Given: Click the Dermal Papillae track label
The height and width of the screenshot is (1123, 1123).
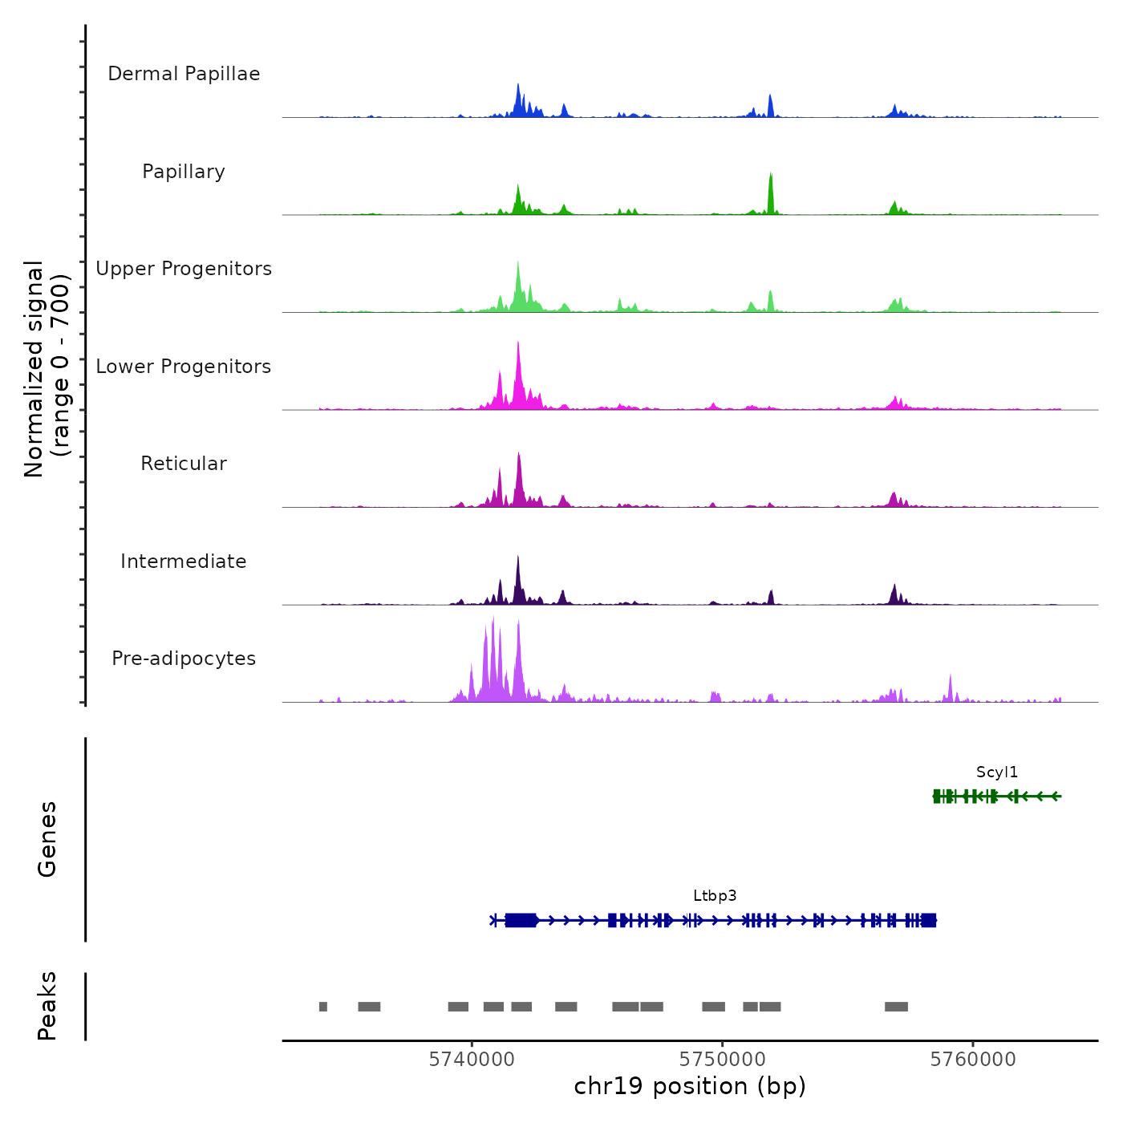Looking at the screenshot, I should coord(184,74).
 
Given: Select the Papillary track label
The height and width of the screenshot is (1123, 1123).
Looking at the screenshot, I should coord(184,172).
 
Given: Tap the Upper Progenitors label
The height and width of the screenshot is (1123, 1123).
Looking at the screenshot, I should coord(184,269).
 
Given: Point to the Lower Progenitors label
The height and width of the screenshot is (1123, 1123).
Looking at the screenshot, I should coord(184,367).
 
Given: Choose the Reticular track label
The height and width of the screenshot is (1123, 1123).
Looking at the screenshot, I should coord(184,464).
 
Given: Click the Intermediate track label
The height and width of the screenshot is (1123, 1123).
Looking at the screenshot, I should coord(184,561).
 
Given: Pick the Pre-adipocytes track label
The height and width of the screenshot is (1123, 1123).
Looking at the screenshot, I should coord(184,659).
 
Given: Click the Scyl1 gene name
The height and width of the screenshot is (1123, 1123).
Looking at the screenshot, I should coord(997,772).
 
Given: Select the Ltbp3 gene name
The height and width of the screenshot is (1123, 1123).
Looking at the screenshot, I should coord(715,896).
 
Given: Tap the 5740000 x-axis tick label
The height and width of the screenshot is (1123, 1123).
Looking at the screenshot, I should coord(472,1060).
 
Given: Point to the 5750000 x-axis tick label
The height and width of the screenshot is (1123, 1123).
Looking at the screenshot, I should coord(722,1060).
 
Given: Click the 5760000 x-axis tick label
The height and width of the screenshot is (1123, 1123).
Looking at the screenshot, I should coord(973,1060).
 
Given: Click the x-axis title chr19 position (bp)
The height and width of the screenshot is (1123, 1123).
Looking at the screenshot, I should coord(690,1086).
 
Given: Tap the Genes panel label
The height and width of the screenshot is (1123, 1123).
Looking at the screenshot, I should coord(47,839).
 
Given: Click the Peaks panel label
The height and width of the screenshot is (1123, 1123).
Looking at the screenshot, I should coord(47,1006).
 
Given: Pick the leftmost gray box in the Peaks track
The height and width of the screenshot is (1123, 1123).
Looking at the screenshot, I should coord(323,1007).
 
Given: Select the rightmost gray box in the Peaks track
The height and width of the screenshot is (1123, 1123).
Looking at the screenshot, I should coord(896,1007).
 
